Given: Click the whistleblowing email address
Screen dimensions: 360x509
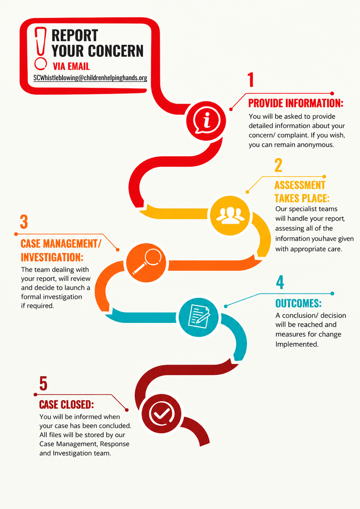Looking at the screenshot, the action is tap(90, 78).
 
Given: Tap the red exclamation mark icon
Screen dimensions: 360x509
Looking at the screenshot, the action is tap(41, 48).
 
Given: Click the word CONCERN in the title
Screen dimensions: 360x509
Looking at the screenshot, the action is tap(116, 51).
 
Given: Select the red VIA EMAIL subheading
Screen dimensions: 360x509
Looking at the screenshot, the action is tap(71, 66).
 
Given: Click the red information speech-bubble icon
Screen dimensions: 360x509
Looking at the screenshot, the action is tap(206, 121).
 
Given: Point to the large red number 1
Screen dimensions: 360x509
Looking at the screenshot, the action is tap(250, 80).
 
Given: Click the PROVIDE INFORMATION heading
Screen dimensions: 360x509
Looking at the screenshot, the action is tap(296, 103).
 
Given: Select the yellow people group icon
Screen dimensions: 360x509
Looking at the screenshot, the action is tap(230, 215).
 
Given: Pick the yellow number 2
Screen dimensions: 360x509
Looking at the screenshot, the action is tap(278, 165).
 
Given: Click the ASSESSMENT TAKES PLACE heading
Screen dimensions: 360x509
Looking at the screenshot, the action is tap(302, 192).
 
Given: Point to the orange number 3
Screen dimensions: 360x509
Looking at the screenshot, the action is tap(24, 222).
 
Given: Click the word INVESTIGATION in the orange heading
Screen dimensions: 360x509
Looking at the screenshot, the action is tap(52, 257).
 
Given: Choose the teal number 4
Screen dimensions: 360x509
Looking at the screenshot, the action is tap(280, 282).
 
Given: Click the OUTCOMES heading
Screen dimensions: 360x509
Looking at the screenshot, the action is tap(299, 303).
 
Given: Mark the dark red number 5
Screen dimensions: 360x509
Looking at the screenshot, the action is tap(43, 383).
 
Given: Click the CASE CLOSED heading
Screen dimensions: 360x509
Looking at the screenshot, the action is tap(67, 405).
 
